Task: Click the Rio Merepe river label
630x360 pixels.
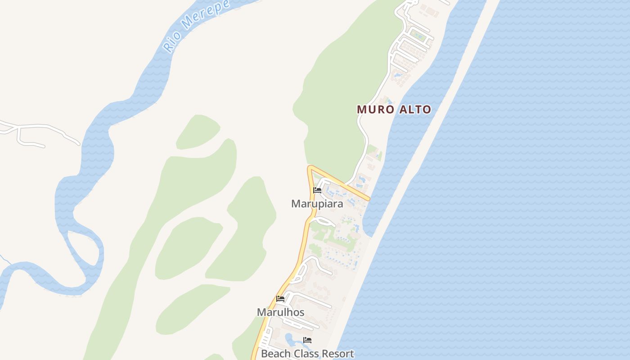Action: [196, 26]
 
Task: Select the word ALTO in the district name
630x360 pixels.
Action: [414, 109]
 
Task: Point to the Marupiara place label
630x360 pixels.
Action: [317, 204]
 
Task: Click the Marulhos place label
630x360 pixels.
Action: [280, 312]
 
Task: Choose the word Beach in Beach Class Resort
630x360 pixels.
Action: [276, 354]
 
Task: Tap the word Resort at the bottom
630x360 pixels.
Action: [338, 354]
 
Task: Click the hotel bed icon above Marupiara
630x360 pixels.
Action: [317, 190]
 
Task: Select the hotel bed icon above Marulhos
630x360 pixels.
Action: [280, 299]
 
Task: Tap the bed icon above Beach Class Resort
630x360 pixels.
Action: [307, 340]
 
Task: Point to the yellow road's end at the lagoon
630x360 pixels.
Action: [369, 198]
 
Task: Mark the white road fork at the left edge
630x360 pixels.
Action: [18, 129]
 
